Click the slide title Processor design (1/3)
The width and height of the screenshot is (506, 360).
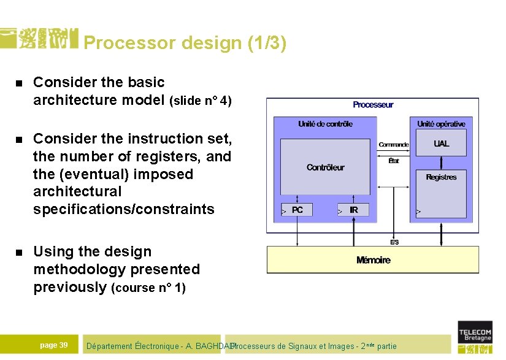[185, 44]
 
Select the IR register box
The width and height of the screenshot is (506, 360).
[353, 210]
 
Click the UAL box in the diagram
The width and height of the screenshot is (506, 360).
[441, 144]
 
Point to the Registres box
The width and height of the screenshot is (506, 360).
[441, 177]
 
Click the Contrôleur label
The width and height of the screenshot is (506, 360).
[325, 167]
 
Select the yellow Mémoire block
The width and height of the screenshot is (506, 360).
[373, 260]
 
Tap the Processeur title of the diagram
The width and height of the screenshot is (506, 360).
[373, 105]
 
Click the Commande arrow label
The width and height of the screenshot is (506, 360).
[393, 145]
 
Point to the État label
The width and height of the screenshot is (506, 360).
[393, 161]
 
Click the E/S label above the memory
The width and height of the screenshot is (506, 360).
[394, 242]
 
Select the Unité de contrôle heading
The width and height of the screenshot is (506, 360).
[325, 124]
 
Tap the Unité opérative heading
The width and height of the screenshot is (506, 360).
[441, 124]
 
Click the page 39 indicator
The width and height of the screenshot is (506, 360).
[53, 345]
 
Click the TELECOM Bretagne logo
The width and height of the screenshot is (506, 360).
[475, 336]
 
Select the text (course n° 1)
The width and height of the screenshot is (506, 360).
[148, 288]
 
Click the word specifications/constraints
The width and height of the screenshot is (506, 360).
[124, 210]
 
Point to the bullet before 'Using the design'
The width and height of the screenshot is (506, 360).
[18, 253]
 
